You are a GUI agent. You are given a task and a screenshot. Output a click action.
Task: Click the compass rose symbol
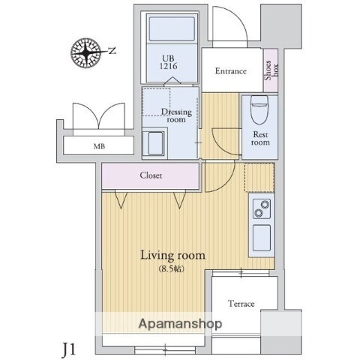click(x=86, y=52)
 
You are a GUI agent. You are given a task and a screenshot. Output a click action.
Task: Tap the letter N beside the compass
click(x=112, y=51)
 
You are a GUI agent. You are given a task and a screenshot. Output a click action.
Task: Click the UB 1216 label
click(x=169, y=62)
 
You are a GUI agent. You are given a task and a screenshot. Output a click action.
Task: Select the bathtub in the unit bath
click(x=172, y=28)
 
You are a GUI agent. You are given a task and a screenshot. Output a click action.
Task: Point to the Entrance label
click(x=231, y=71)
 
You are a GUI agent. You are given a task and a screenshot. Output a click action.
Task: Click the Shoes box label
click(x=271, y=70)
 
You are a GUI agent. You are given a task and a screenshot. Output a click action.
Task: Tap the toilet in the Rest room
click(x=259, y=109)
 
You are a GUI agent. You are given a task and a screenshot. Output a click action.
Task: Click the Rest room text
click(x=260, y=138)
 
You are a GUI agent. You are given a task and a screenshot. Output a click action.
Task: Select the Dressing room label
click(x=176, y=115)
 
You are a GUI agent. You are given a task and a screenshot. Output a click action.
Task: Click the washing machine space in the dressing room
click(x=154, y=144)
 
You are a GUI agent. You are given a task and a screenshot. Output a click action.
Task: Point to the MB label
click(x=99, y=146)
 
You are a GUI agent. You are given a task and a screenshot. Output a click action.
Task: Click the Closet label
click(x=151, y=175)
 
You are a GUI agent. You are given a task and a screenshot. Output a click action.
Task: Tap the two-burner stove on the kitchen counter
click(x=262, y=209)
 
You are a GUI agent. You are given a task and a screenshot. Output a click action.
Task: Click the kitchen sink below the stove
click(x=262, y=238)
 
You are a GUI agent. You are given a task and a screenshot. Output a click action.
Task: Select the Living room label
click(x=172, y=255)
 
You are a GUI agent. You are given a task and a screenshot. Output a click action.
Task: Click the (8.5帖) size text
click(x=172, y=269)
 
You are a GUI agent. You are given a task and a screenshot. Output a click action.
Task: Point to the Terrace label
click(x=241, y=304)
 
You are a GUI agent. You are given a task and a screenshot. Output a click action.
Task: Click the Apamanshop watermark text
click(x=180, y=324)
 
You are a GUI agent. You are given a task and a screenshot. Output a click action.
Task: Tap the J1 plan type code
click(x=68, y=349)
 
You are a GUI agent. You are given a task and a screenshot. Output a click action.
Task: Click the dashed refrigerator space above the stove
click(x=259, y=178)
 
